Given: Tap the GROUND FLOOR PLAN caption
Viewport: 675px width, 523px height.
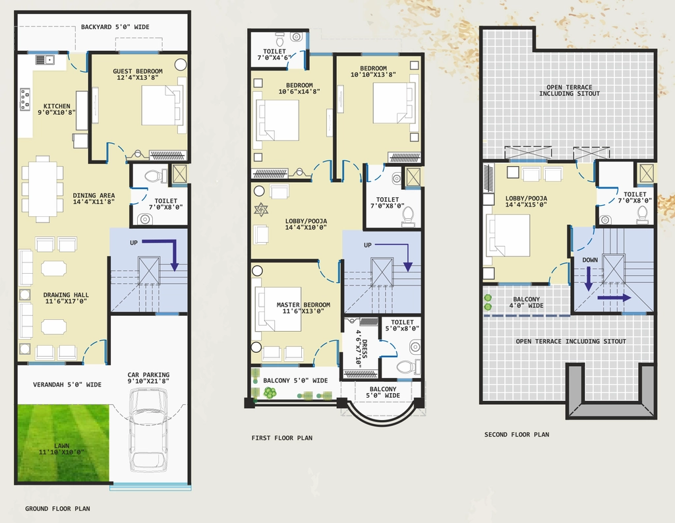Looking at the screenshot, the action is click(58, 508).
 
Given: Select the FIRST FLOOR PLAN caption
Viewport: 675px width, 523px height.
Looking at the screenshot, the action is click(282, 438).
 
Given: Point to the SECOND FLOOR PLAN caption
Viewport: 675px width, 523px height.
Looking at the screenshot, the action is click(517, 435).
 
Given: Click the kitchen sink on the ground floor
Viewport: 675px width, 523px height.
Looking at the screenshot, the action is click(44, 59).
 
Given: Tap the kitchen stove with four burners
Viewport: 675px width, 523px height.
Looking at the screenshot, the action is click(25, 99).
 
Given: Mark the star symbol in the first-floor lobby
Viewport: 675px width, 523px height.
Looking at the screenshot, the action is click(261, 210).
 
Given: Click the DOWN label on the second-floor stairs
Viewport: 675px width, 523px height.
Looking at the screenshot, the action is click(590, 261).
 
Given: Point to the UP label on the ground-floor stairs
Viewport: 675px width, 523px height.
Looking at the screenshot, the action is click(134, 243).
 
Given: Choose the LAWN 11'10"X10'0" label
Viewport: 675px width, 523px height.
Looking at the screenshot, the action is click(61, 449).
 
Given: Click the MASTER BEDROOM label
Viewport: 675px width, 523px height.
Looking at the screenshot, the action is click(303, 305).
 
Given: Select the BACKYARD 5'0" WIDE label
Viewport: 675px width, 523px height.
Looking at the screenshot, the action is click(115, 27).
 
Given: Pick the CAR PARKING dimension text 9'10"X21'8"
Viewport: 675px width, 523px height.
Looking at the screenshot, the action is click(148, 381).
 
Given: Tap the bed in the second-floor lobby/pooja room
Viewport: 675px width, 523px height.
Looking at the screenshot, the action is click(508, 235).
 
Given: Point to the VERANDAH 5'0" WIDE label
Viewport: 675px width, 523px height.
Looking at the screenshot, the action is click(67, 385).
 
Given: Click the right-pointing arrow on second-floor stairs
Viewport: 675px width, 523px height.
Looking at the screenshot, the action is click(614, 297).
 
